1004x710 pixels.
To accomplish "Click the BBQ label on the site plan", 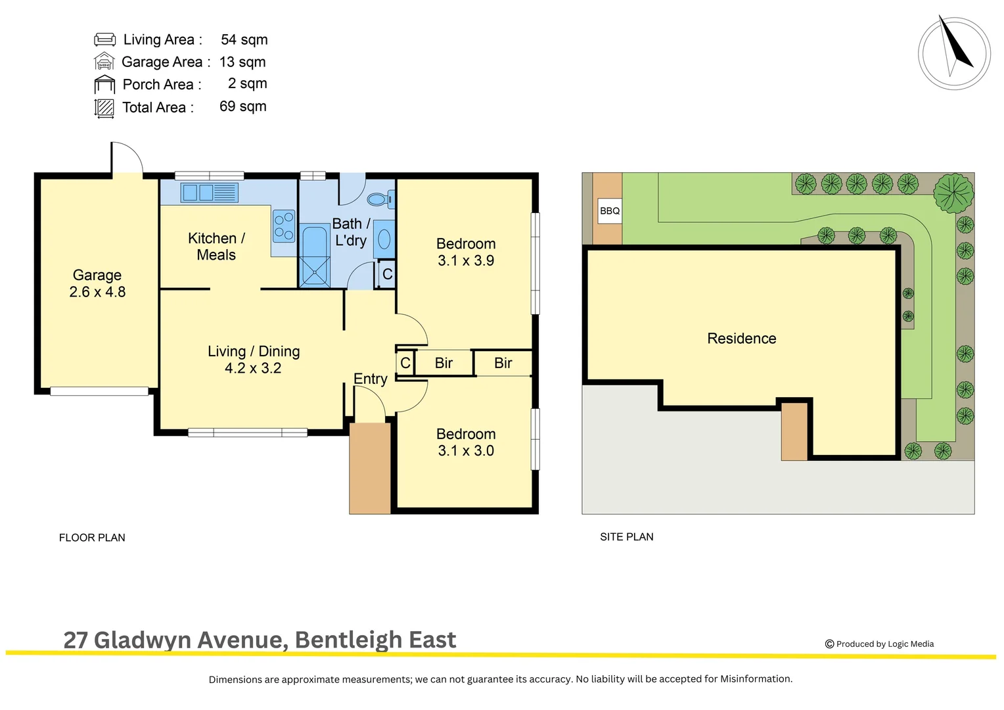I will coord(610,211).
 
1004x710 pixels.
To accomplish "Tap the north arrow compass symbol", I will coord(954,53).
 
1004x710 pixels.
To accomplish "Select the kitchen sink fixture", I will coord(209,193).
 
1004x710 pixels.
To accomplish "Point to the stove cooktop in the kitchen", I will coord(284,225).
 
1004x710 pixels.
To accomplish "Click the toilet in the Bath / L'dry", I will coord(380,199).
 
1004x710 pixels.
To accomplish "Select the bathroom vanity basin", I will coord(384,239).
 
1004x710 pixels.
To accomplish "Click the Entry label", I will coord(370,379).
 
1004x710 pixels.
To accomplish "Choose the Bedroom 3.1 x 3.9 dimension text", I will coord(466,261).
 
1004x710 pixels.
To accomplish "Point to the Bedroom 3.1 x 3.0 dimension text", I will coord(466,451).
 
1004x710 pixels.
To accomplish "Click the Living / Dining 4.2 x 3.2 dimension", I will coord(253,368).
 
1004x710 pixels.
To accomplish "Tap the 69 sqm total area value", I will coord(242,106).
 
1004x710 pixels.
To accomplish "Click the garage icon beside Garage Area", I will coord(104,62).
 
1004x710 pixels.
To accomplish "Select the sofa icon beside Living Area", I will coord(104,39).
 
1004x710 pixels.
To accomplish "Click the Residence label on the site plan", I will coord(741,339).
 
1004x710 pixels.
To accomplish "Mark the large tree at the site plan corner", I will coord(953,193).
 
